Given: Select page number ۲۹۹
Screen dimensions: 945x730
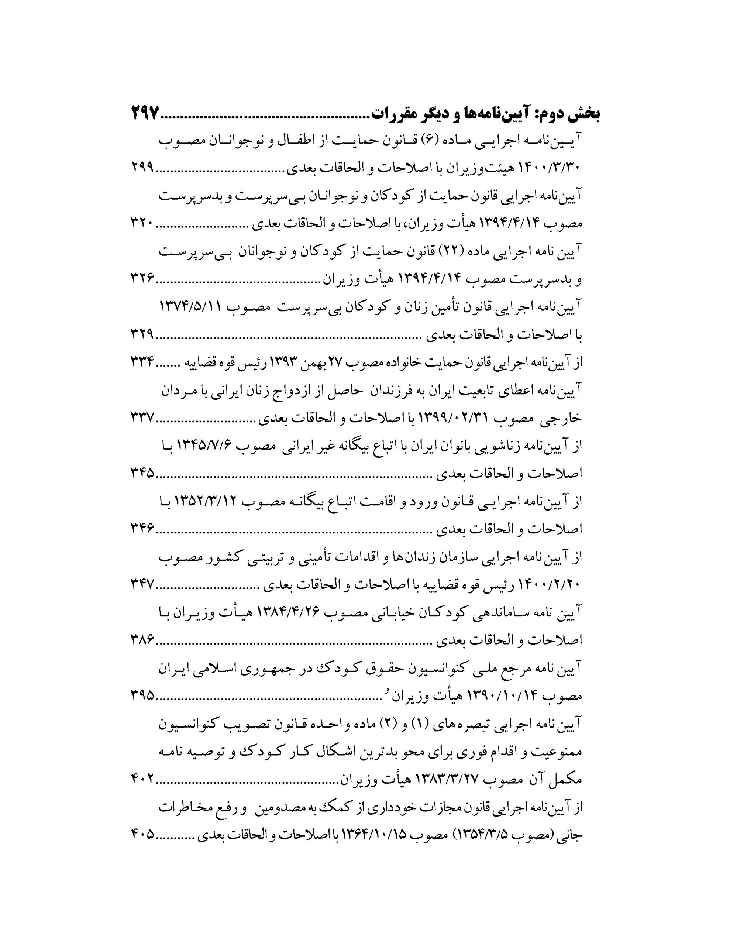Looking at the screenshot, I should pyautogui.click(x=143, y=169).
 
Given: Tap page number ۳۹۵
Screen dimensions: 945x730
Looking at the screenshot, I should pyautogui.click(x=143, y=695).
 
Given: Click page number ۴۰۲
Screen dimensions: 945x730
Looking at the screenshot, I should pyautogui.click(x=143, y=779).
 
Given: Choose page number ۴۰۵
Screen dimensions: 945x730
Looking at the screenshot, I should pyautogui.click(x=143, y=834).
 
